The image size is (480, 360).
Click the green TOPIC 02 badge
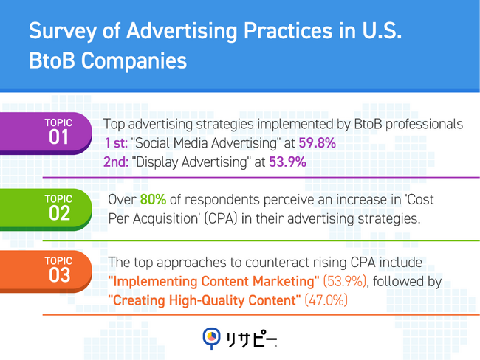coord(59,208)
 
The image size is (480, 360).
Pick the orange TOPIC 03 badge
coord(59,269)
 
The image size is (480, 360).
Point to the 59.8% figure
coord(318,143)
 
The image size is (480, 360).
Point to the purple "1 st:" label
coord(115,143)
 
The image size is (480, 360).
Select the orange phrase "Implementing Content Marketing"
coord(214,281)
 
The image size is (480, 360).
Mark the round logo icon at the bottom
coord(211,336)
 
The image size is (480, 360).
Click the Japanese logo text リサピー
coord(252,337)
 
